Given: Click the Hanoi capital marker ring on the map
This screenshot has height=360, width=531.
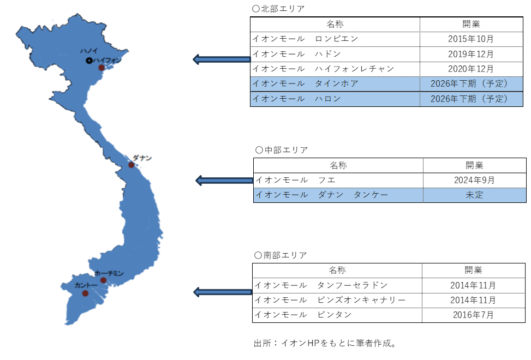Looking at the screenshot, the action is [x=89, y=61].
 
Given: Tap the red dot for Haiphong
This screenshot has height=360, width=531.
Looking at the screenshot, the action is [x=102, y=68].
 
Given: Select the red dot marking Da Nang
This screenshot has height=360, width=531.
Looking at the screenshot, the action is [x=131, y=165].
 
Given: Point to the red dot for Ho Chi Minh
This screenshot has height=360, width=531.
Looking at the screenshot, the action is [x=103, y=280].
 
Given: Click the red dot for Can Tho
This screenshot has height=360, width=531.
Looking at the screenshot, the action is [x=85, y=293].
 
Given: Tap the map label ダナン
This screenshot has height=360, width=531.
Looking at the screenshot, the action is [x=142, y=158].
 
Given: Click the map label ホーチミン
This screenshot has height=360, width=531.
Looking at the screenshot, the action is [x=109, y=273].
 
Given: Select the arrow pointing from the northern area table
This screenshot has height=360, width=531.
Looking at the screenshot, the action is [x=222, y=59].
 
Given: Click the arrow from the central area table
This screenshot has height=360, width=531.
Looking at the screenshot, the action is [x=224, y=181].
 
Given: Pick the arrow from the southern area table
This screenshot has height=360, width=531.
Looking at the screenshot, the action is [x=223, y=292].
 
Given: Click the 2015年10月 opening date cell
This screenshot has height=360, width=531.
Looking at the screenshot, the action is [x=472, y=39].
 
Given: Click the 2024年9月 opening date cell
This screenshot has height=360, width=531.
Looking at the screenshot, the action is [x=474, y=181].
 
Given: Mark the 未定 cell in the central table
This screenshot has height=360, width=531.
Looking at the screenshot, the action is [x=474, y=195].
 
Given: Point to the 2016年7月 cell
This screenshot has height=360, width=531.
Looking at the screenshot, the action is [x=474, y=315].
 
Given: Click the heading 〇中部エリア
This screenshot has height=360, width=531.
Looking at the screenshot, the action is [x=282, y=150].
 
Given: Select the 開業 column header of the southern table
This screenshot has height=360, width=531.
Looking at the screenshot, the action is [x=474, y=271].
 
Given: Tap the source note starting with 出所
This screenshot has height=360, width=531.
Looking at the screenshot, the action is [x=325, y=343].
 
